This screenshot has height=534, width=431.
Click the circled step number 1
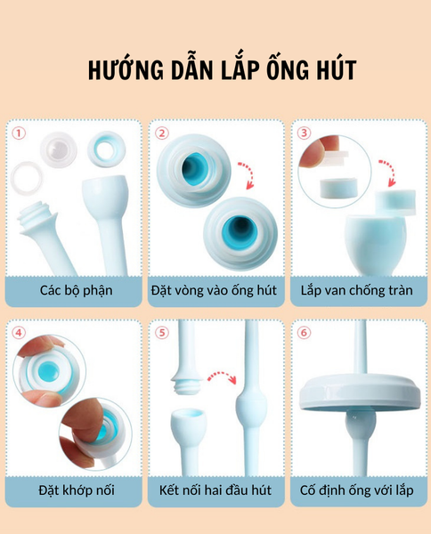(19, 133)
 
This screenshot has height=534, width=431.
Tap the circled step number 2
(162, 133)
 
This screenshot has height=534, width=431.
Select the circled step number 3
(304, 133)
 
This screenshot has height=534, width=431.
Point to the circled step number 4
(19, 333)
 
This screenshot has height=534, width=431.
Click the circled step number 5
(162, 333)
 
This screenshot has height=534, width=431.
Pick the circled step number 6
(304, 332)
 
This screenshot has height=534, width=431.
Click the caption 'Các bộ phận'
(76, 290)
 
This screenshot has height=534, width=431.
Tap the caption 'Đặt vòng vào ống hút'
(214, 290)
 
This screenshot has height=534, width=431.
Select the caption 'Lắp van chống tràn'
(357, 290)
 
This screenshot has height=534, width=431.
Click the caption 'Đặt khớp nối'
(77, 490)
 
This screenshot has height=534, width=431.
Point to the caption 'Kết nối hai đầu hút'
(215, 490)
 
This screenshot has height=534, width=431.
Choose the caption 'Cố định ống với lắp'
(357, 490)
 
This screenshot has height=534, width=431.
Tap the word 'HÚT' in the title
(337, 69)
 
